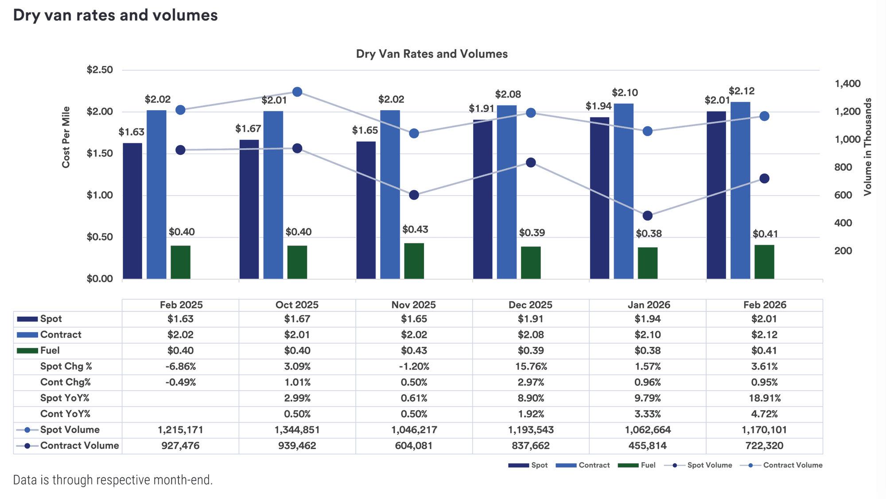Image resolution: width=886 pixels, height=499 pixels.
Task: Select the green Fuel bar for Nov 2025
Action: point(414,261)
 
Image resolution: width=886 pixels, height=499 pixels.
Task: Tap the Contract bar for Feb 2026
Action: point(740,190)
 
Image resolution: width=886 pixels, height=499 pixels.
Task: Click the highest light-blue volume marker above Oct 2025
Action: point(297,92)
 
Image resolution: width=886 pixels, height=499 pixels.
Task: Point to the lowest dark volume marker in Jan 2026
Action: point(647,216)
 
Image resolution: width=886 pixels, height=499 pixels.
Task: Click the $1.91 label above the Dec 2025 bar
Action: point(481,109)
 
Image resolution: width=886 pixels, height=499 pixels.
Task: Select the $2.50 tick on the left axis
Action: point(100,70)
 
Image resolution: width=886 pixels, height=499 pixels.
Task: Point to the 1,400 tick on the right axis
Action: point(847,84)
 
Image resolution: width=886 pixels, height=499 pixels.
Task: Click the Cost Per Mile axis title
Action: point(66,137)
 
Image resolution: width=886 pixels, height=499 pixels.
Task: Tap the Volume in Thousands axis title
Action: point(867,147)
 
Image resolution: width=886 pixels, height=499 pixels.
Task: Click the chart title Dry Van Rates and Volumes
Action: point(431,54)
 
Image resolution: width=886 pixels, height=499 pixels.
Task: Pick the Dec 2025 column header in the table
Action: point(530,305)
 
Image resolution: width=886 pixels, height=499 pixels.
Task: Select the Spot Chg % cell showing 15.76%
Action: point(530,366)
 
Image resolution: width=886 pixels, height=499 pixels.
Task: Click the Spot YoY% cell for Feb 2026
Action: point(764,398)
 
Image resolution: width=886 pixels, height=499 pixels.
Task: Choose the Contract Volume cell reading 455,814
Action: point(647,445)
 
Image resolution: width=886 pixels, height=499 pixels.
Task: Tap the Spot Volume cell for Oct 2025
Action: point(297,430)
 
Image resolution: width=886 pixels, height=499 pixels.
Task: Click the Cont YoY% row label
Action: point(65,414)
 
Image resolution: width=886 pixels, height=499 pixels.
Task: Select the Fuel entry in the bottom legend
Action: point(648,465)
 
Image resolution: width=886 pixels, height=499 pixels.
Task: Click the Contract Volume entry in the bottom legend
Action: point(792,465)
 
